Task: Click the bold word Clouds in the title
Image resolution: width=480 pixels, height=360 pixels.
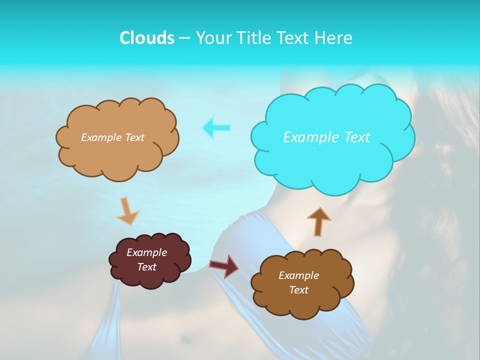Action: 146,38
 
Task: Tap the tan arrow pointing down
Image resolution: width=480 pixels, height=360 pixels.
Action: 127,211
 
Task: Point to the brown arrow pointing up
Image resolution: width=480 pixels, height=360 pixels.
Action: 318,221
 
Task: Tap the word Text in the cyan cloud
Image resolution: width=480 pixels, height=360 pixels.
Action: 356,137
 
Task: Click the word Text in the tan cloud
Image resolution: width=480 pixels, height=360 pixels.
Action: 134,137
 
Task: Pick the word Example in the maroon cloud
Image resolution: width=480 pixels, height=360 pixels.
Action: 146,252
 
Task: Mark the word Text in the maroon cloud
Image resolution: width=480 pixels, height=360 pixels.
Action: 147,267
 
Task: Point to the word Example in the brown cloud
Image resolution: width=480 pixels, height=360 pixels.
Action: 298,275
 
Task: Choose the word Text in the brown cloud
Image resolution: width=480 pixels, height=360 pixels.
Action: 299,290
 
